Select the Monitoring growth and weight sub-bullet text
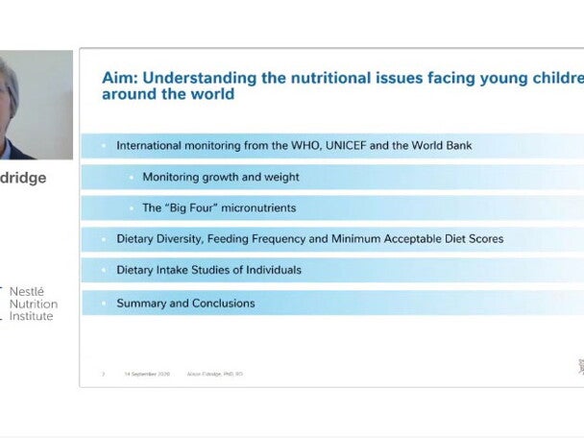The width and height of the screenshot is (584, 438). (x=220, y=177)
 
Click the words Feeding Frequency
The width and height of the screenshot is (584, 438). (x=252, y=238)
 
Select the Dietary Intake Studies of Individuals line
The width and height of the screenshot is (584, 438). (x=208, y=270)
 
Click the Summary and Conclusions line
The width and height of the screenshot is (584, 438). (x=185, y=303)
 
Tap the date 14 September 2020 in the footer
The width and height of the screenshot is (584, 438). (x=146, y=374)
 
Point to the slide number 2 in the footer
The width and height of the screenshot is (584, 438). (x=103, y=374)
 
